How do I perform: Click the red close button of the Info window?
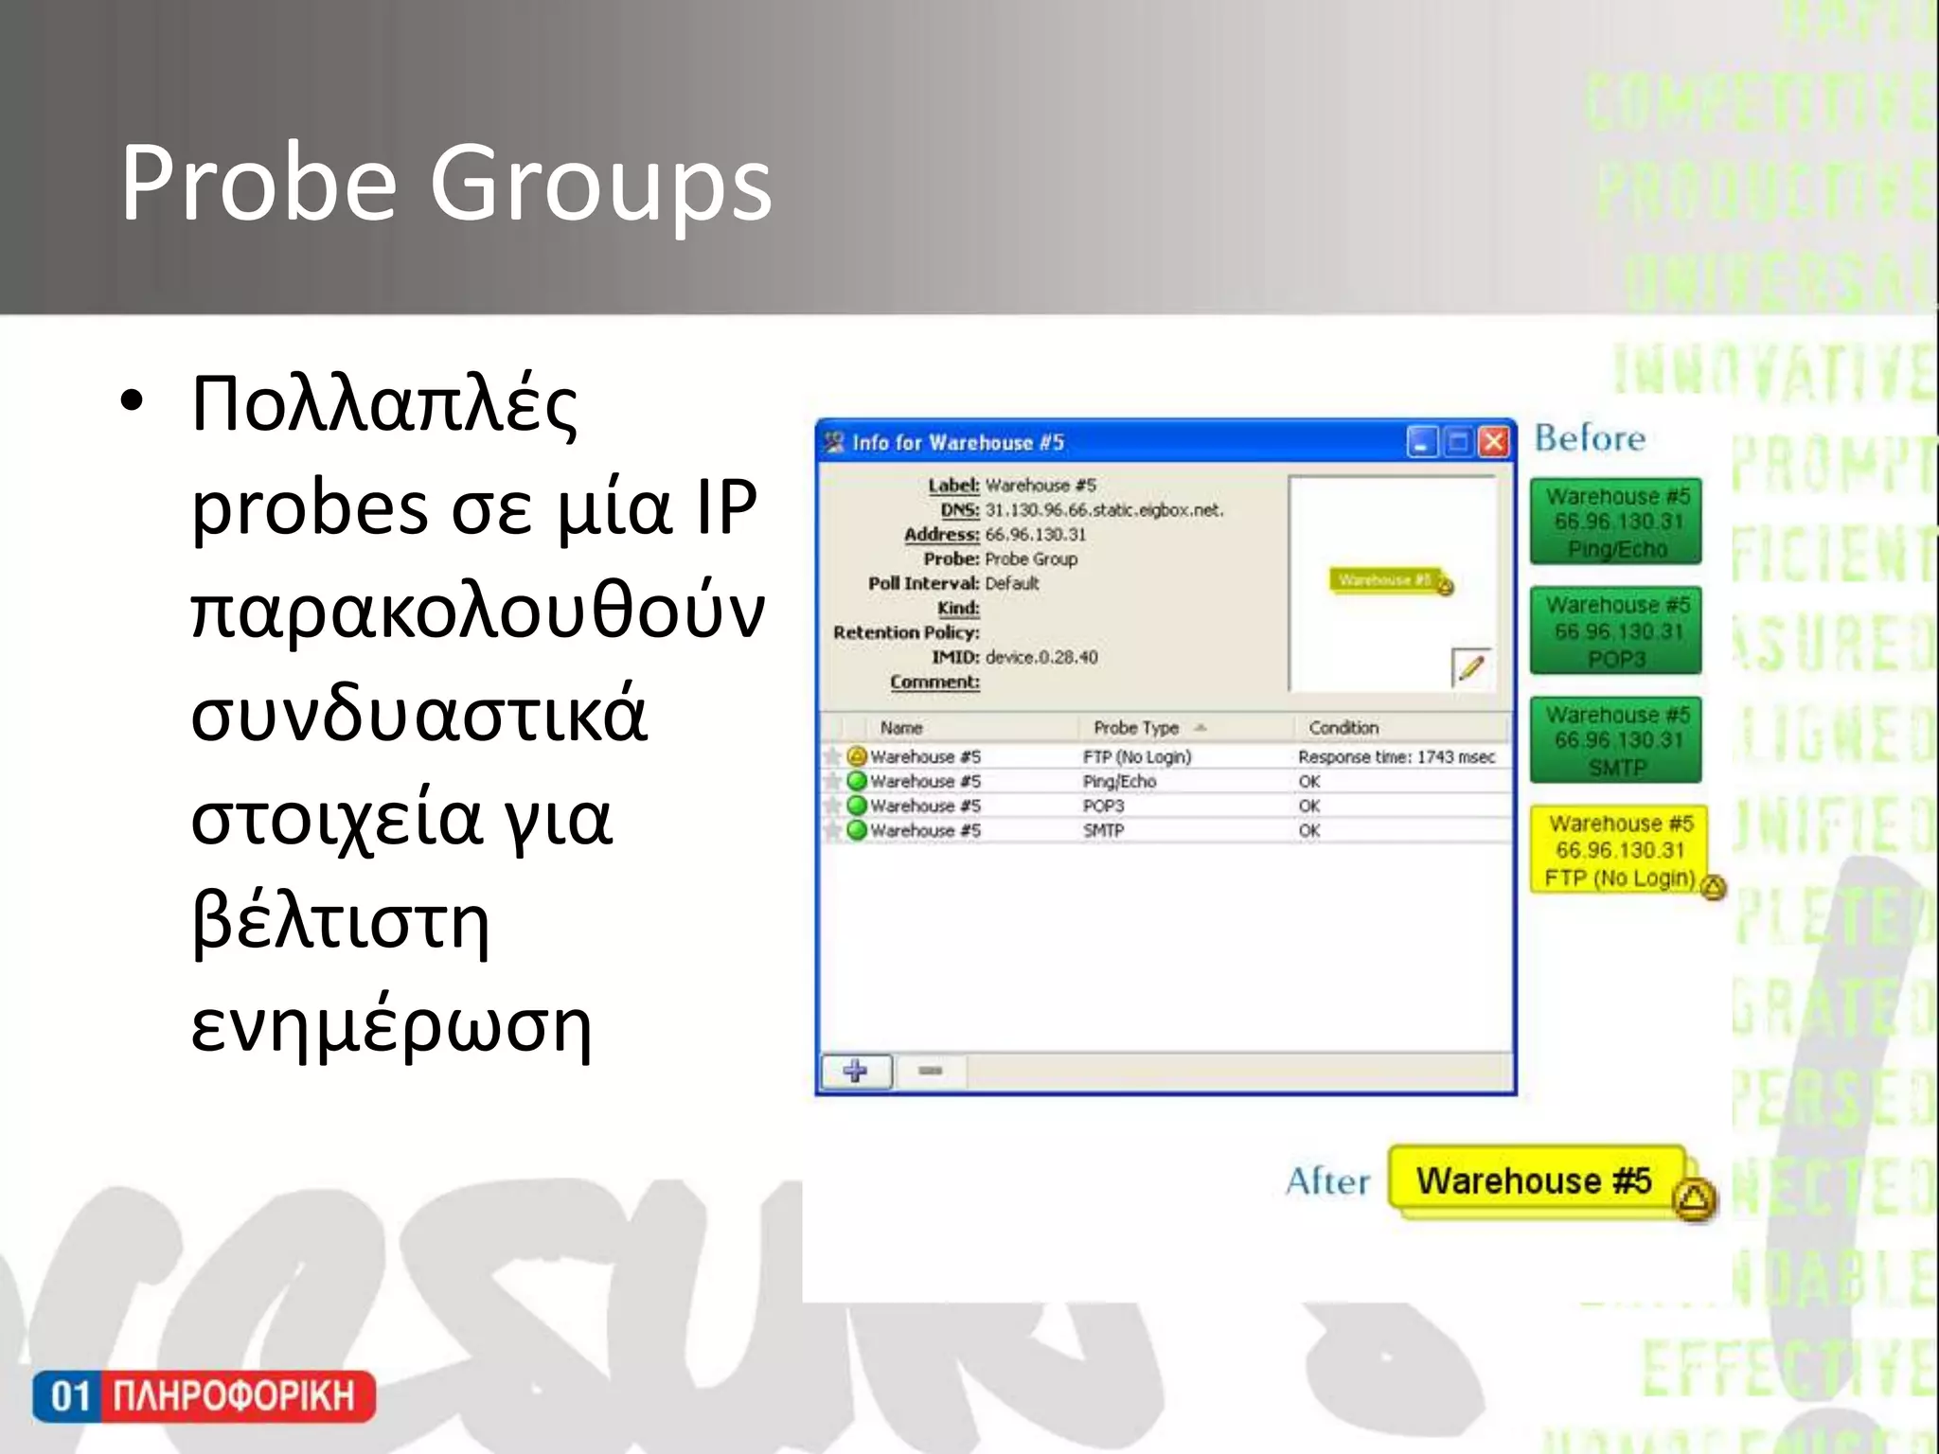point(1494,442)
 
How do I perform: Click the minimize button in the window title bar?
point(1422,442)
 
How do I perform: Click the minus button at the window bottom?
point(930,1071)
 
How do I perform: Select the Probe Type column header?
point(1136,728)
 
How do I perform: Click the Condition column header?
point(1343,728)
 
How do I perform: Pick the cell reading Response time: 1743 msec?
point(1396,757)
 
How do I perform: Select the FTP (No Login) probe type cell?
point(1137,757)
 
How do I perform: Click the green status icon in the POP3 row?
point(857,806)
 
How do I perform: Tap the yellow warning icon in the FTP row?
point(857,756)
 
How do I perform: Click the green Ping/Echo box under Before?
point(1616,522)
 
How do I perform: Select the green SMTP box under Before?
point(1616,740)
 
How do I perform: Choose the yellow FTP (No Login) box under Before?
point(1620,850)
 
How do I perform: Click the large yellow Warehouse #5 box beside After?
point(1534,1181)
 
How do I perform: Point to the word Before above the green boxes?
point(1590,438)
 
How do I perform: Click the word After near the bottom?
point(1327,1181)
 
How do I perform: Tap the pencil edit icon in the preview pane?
point(1470,667)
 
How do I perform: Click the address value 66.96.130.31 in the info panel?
point(1036,535)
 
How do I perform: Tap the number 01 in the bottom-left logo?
point(70,1396)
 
